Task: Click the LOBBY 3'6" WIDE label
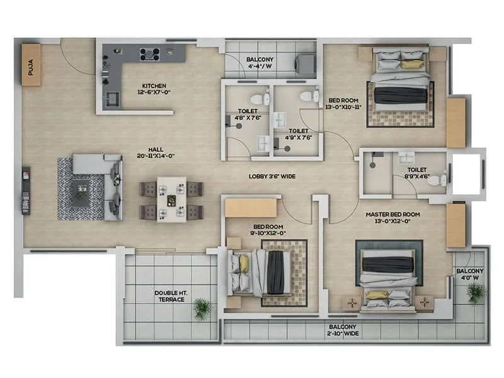[x=272, y=176]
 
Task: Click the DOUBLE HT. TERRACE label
[x=170, y=296]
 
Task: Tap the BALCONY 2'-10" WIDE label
[x=343, y=330]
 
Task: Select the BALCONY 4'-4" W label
[x=260, y=62]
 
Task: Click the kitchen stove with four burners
[x=150, y=54]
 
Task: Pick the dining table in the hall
[x=171, y=199]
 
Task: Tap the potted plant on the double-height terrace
[x=202, y=307]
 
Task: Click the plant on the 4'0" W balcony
[x=476, y=292]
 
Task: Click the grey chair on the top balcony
[x=306, y=63]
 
